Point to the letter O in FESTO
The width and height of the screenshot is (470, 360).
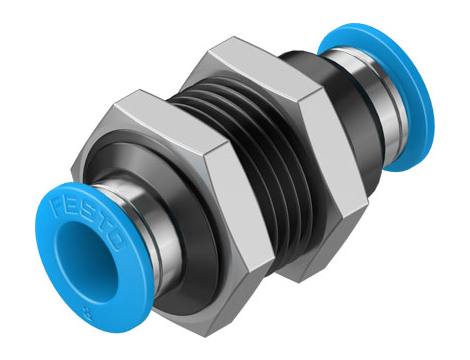pyautogui.click(x=117, y=242)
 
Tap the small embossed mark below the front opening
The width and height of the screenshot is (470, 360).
pyautogui.click(x=88, y=313)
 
